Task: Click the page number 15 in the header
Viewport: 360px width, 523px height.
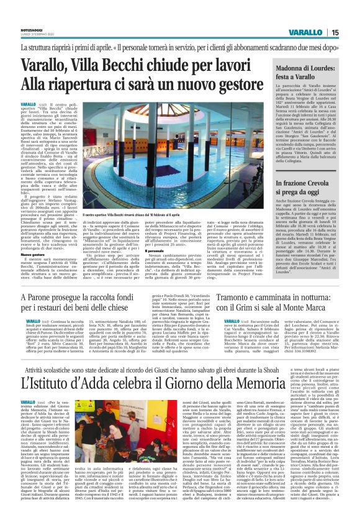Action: click(351, 32)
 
